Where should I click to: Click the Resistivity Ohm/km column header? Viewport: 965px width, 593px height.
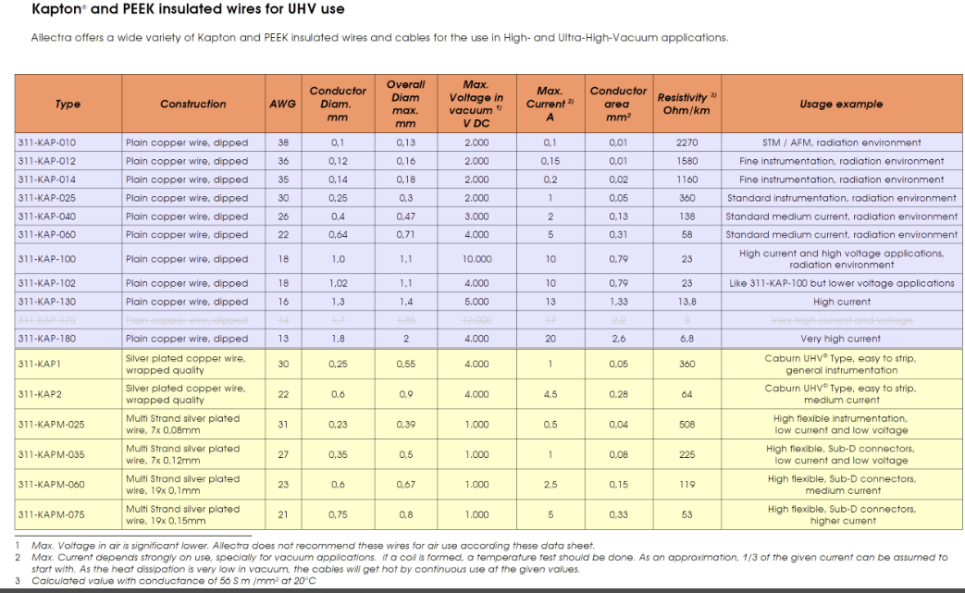[x=687, y=104]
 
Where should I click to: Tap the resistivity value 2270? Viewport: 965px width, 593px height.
[x=687, y=142]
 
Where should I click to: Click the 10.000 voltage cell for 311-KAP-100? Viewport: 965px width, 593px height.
[x=476, y=259]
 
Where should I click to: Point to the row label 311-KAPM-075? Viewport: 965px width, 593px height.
[x=51, y=514]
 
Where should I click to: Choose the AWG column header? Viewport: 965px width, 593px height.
[x=282, y=104]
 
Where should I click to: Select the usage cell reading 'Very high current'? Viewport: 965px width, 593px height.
[x=840, y=339]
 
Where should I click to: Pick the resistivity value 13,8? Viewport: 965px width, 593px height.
[x=687, y=302]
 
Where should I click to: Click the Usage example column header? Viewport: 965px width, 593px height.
[x=840, y=104]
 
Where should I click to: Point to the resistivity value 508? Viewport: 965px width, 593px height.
[x=687, y=425]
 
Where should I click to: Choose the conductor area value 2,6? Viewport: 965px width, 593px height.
[x=618, y=339]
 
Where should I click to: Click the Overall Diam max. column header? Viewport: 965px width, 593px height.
[x=405, y=104]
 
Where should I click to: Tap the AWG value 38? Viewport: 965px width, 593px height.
[x=282, y=142]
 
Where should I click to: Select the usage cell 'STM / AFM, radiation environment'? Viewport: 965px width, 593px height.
[x=840, y=142]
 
